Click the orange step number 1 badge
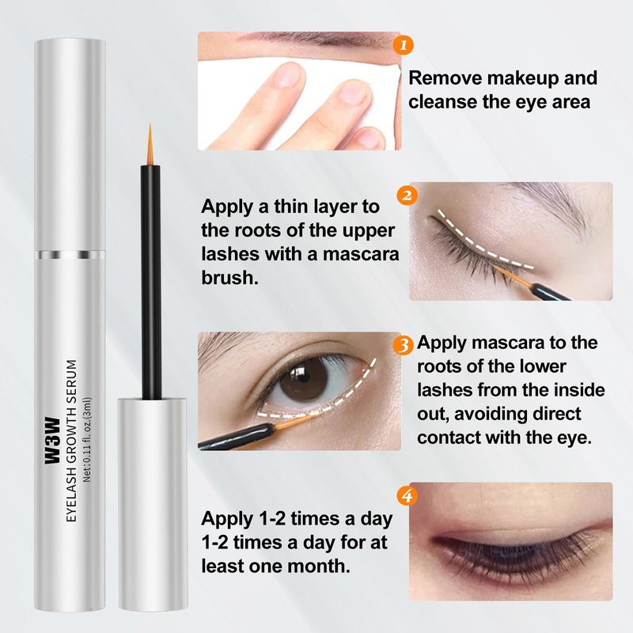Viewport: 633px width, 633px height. pos(403,45)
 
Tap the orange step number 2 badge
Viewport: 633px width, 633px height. pos(407,195)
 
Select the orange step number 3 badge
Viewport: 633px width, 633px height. pos(404,346)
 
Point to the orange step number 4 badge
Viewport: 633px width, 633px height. pos(407,495)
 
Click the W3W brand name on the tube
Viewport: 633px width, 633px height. pos(52,441)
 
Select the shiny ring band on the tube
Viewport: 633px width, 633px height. pos(70,255)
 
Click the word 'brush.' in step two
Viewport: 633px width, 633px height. pos(229,278)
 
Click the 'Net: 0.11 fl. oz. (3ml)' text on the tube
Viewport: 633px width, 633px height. pos(87,439)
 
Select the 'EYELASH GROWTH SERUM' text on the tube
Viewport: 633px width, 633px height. pos(71,441)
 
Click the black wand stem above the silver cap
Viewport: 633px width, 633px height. pos(150,282)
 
